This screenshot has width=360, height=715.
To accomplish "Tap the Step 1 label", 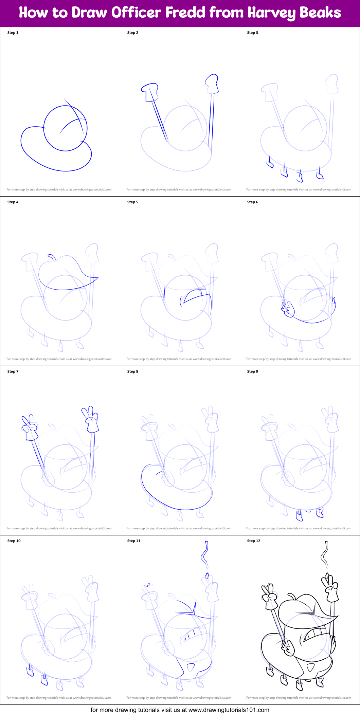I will tap(13, 33).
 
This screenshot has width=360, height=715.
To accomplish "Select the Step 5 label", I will tap(133, 202).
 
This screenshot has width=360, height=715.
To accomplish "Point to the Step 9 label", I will tap(253, 371).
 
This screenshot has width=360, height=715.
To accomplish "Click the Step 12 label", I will tap(254, 541).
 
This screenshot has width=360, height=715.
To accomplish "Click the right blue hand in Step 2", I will tap(212, 83).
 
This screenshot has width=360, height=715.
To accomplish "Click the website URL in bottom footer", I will tap(229, 710).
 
